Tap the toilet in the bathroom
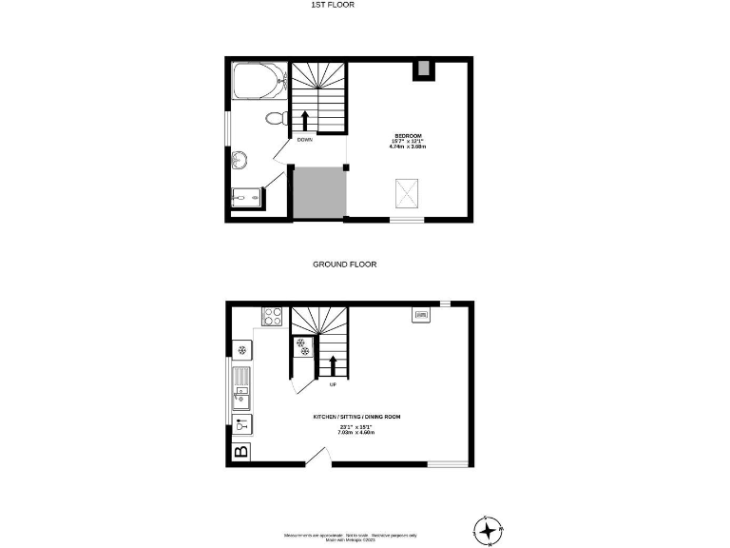pos(277,119)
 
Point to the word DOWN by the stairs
pos(304,140)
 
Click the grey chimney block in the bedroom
pos(421,68)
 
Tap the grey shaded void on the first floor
pos(317,193)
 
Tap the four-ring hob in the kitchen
pos(273,317)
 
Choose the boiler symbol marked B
pos(241,451)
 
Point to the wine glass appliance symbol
pos(241,425)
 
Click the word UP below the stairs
pos(333,385)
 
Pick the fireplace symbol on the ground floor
pos(420,314)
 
